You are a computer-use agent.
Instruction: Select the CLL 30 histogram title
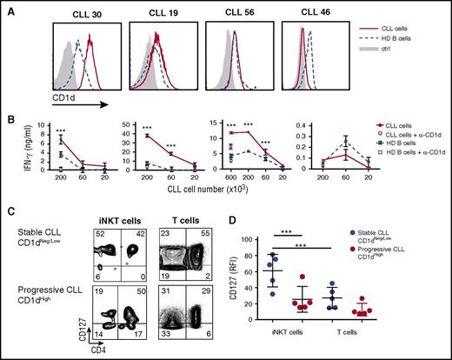(77, 10)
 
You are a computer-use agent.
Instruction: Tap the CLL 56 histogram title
(230, 10)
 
